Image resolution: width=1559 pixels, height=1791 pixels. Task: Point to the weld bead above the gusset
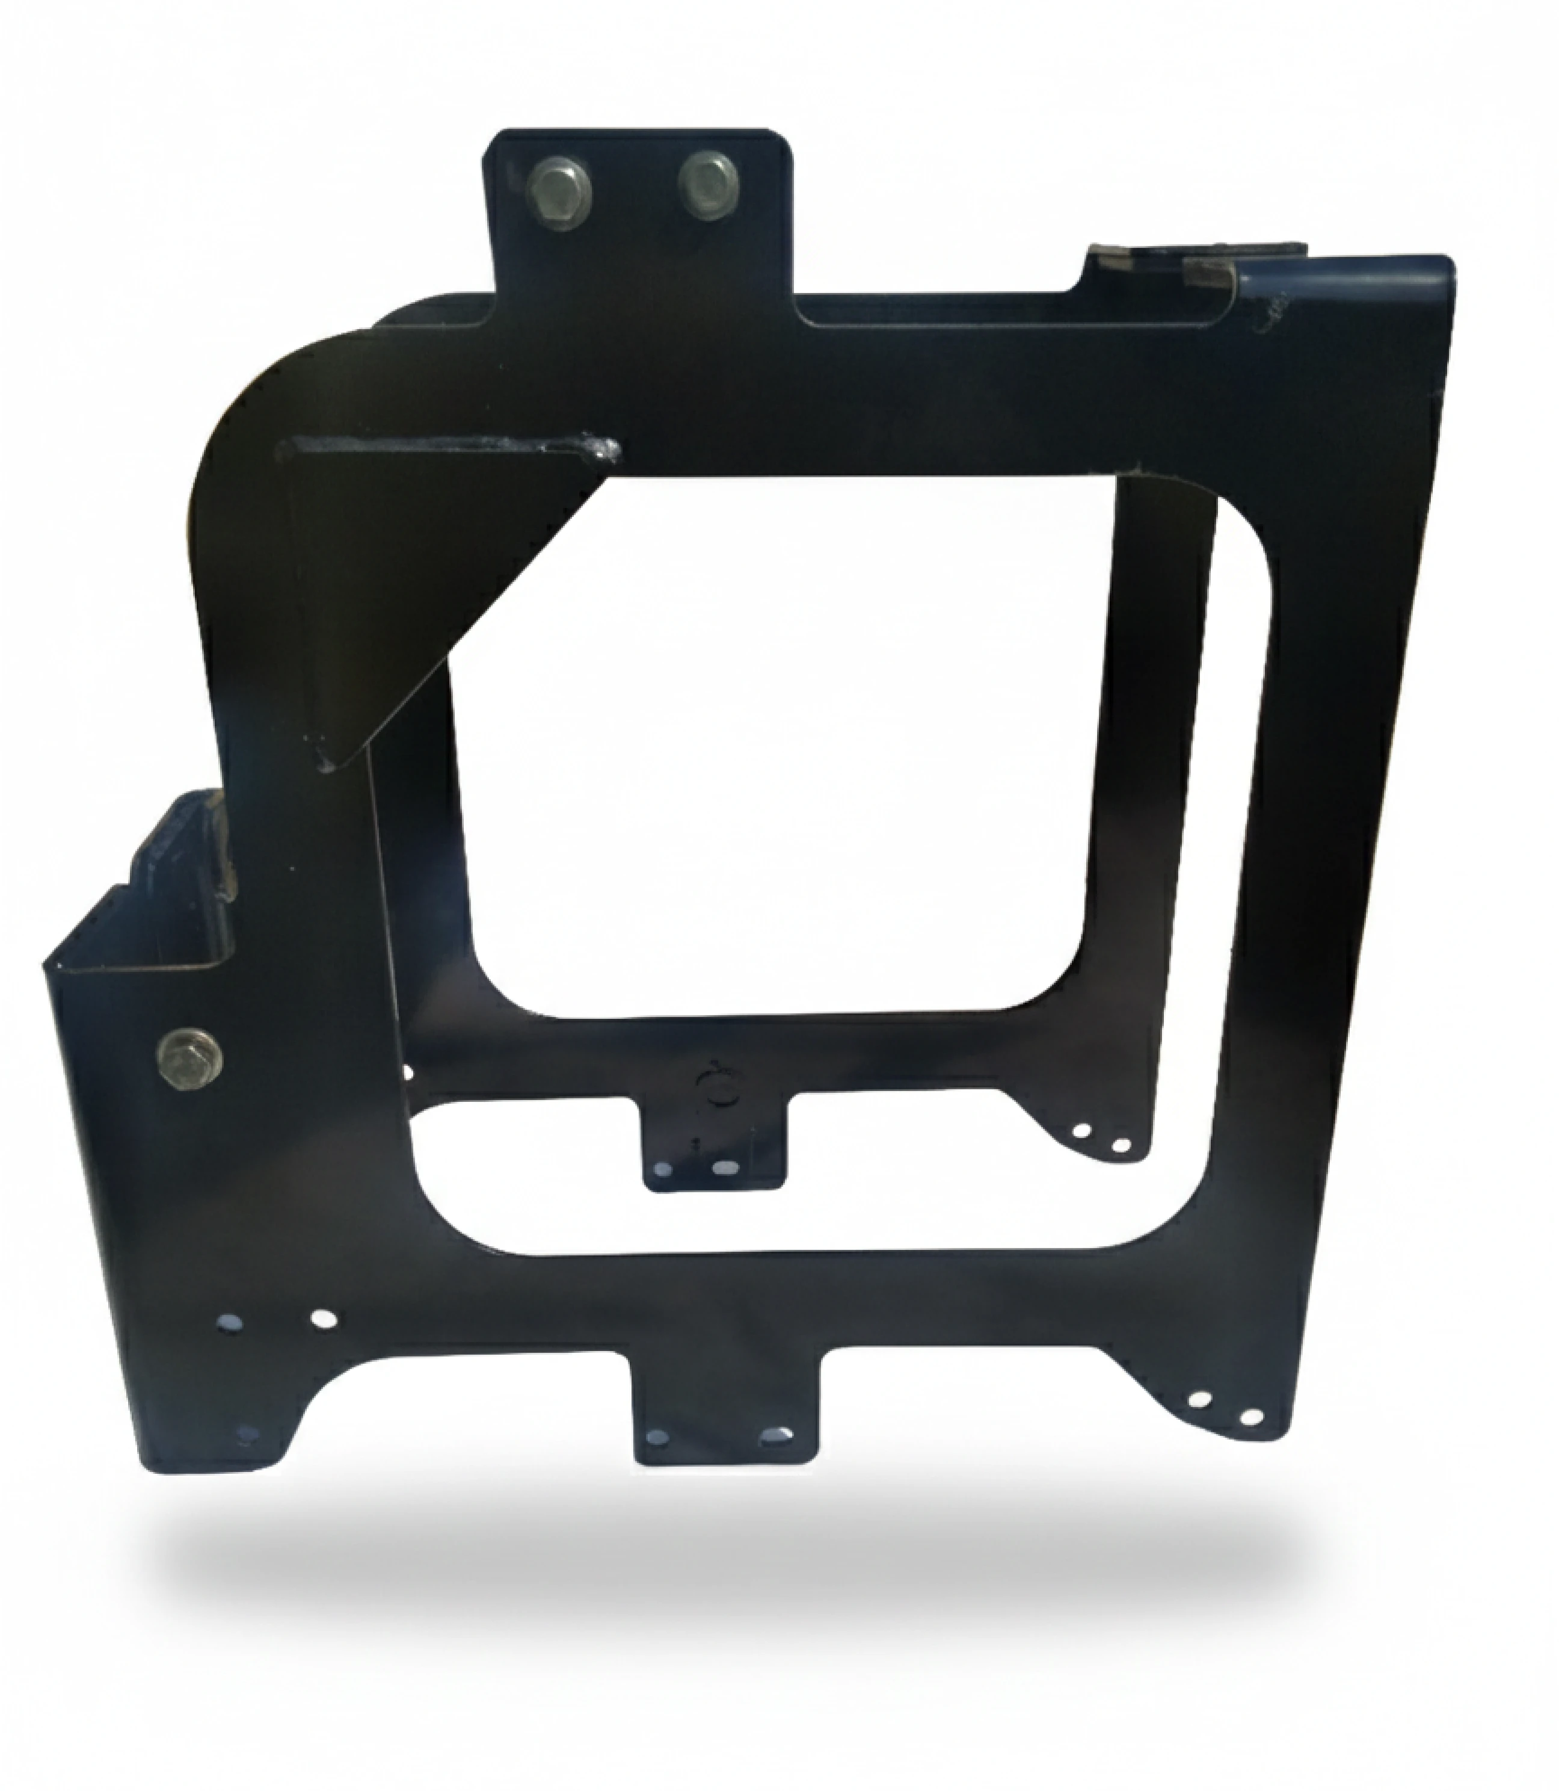pyautogui.click(x=452, y=448)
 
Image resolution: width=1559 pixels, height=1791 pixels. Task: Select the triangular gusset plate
pyautogui.click(x=417, y=592)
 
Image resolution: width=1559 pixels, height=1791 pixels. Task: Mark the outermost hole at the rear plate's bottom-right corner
pyautogui.click(x=1121, y=1145)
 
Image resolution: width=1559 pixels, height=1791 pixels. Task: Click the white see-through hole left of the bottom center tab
pyautogui.click(x=324, y=1319)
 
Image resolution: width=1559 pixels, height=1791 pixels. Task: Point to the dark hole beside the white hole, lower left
pyautogui.click(x=230, y=1323)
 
